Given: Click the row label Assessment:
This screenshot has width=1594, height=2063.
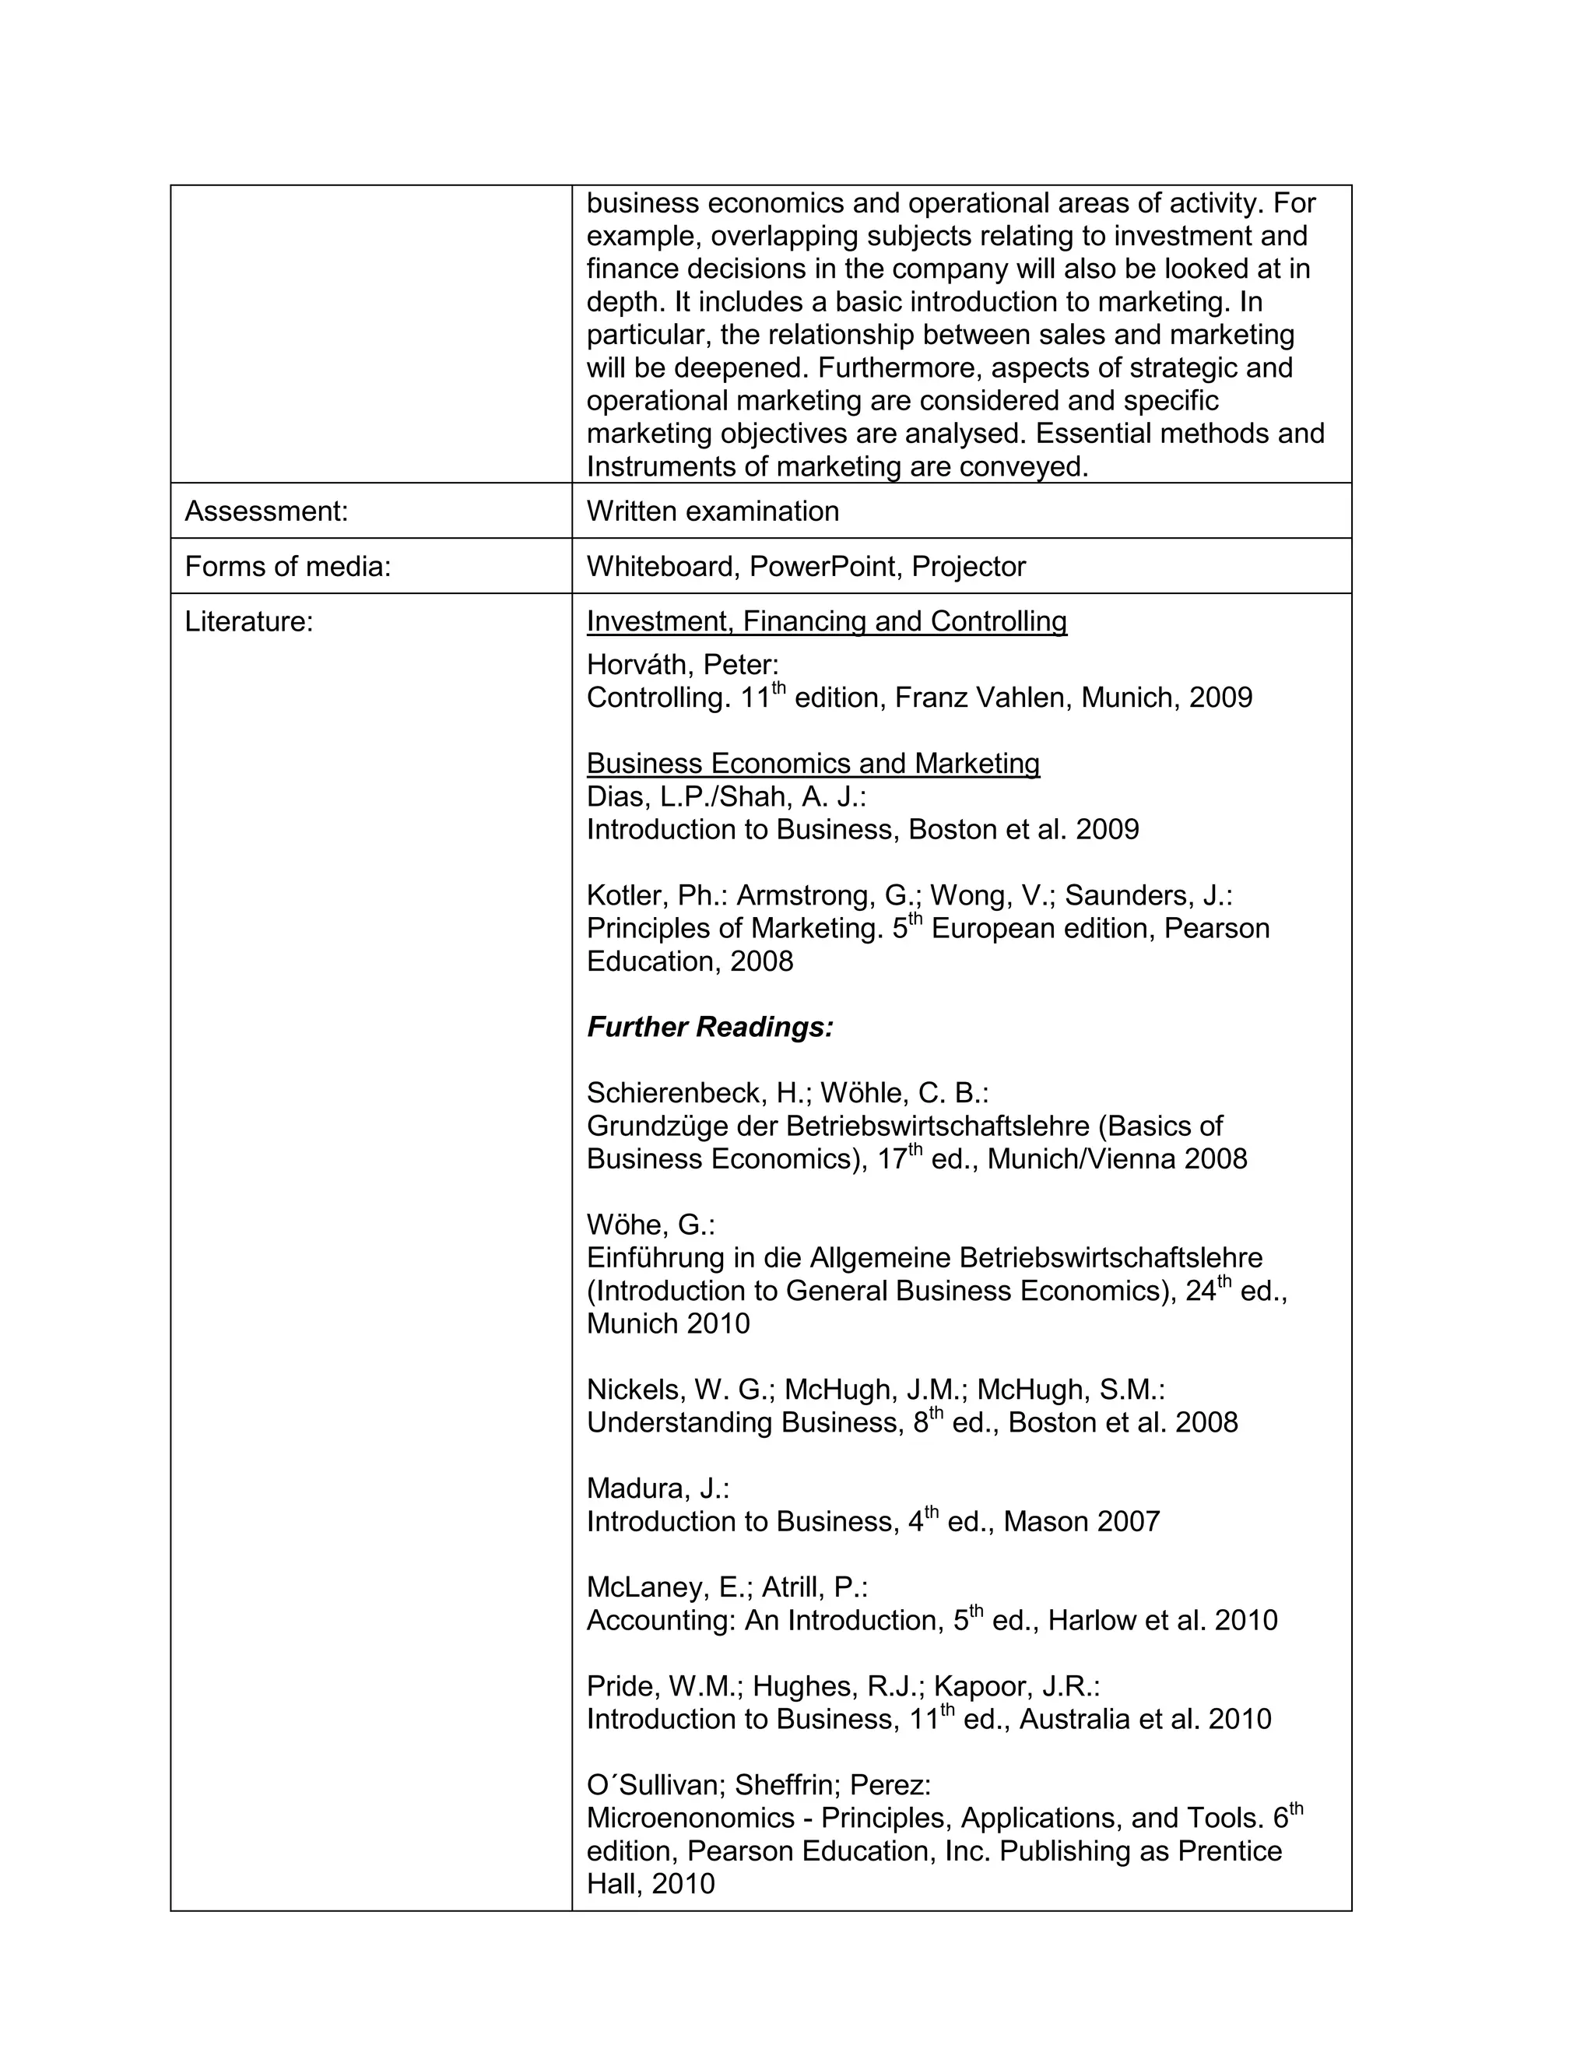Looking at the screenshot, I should pyautogui.click(x=266, y=511).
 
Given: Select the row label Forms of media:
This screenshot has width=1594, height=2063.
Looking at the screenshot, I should pyautogui.click(x=287, y=566).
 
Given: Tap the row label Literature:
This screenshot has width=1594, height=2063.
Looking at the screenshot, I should pyautogui.click(x=248, y=621).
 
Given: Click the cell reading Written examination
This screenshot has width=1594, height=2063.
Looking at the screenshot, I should pyautogui.click(x=712, y=511).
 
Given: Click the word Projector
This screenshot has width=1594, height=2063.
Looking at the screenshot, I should pyautogui.click(x=968, y=566).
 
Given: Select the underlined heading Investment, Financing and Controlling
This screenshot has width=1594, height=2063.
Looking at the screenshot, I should pyautogui.click(x=827, y=621).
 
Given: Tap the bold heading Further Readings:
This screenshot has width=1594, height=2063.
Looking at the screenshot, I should pyautogui.click(x=710, y=1027).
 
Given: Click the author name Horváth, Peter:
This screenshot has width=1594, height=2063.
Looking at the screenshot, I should pyautogui.click(x=682, y=665).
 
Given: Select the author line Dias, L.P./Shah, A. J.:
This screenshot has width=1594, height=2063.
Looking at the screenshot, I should pyautogui.click(x=725, y=796).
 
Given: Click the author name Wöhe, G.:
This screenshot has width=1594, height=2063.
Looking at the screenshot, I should pyautogui.click(x=651, y=1225).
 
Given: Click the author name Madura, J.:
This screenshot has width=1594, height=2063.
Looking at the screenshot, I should pyautogui.click(x=657, y=1488).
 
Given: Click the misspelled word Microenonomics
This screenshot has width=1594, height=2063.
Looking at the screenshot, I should pyautogui.click(x=690, y=1819).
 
